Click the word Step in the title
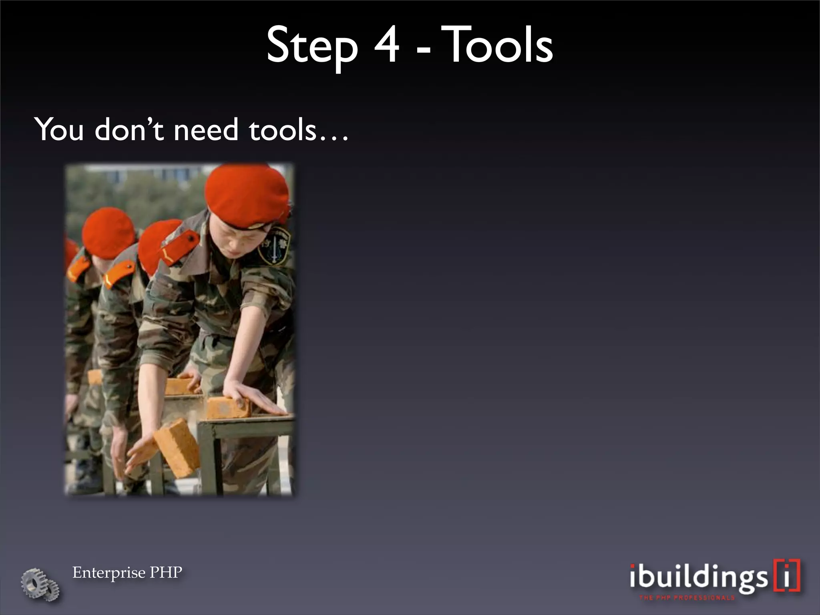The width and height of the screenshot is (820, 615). pyautogui.click(x=312, y=46)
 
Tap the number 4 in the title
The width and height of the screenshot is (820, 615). pyautogui.click(x=387, y=45)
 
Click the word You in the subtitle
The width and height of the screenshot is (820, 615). pyautogui.click(x=59, y=130)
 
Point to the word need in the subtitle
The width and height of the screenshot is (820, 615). pyautogui.click(x=206, y=130)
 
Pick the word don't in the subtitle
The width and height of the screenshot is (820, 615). pyautogui.click(x=129, y=130)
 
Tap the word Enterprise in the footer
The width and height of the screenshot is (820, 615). pyautogui.click(x=109, y=573)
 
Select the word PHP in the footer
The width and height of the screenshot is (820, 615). pyautogui.click(x=166, y=572)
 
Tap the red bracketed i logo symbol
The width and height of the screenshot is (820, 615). pyautogui.click(x=788, y=575)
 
